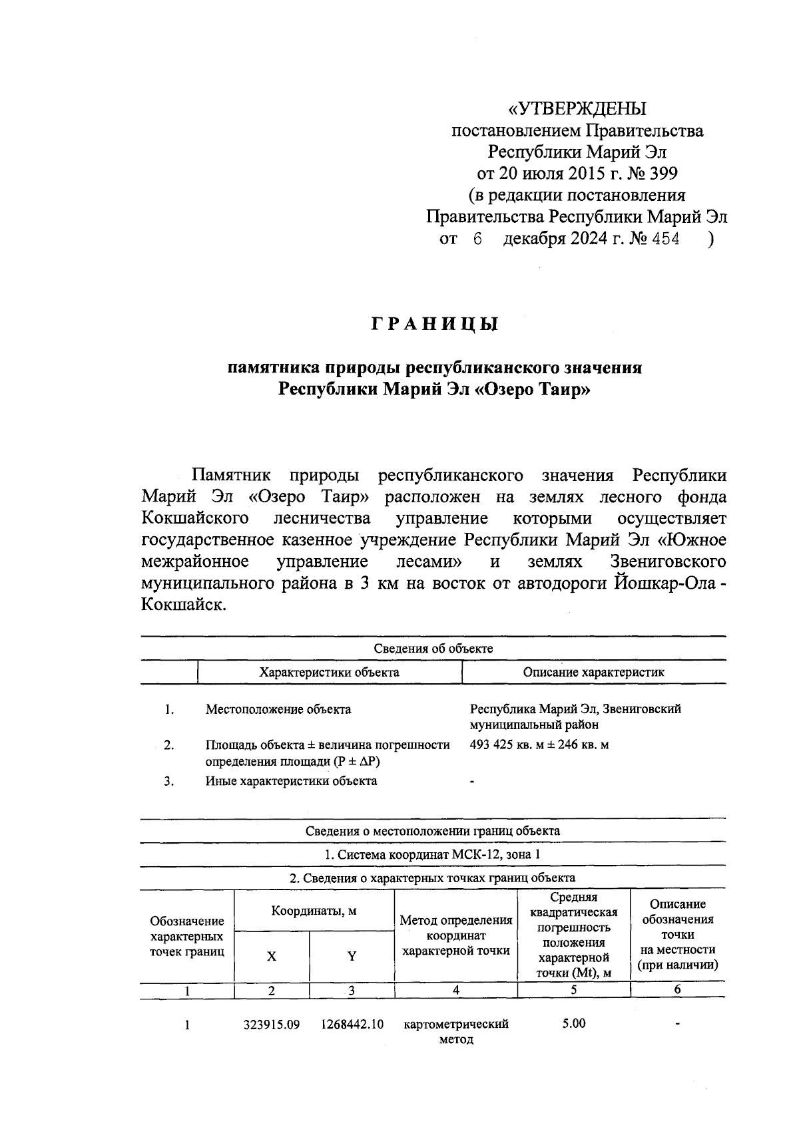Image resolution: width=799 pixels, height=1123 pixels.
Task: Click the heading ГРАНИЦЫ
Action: tap(434, 325)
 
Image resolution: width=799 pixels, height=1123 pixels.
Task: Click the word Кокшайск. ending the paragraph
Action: tap(184, 605)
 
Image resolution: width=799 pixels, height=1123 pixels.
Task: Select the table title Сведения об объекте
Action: tap(433, 648)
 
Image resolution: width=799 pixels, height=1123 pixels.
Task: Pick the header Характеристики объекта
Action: tap(329, 672)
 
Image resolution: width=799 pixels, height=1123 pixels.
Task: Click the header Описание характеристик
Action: tap(593, 672)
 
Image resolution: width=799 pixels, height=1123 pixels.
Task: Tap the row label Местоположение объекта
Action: tap(278, 709)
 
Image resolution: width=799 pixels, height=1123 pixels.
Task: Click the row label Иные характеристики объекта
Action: tap(291, 780)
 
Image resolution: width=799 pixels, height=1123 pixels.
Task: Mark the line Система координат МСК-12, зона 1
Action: tap(433, 854)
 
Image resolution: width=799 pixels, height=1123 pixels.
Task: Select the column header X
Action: tap(271, 957)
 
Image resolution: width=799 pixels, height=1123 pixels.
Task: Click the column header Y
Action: tap(352, 957)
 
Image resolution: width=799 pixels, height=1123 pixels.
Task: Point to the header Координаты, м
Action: tap(314, 911)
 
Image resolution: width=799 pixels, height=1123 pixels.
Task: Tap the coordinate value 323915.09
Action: tap(271, 1025)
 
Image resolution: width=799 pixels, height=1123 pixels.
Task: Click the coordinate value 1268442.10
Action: tap(352, 1025)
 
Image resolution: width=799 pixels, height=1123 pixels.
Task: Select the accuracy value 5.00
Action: tap(573, 1023)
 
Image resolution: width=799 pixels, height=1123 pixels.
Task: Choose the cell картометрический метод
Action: tap(456, 1031)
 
